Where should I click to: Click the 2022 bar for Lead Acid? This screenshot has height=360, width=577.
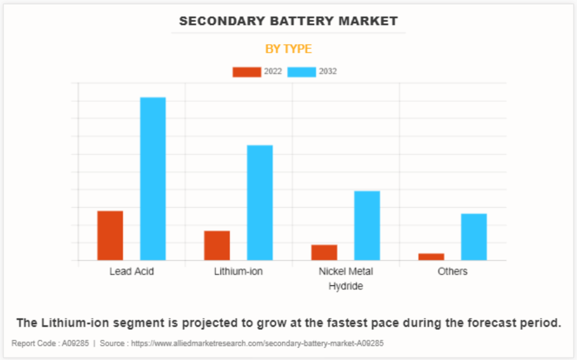110,235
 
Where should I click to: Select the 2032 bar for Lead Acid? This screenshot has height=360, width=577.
153,179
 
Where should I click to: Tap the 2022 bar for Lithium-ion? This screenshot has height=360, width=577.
217,245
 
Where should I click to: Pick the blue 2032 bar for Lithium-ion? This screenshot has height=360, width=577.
260,202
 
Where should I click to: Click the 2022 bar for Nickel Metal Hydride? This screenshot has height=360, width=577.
324,252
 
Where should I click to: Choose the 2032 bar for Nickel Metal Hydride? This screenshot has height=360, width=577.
367,226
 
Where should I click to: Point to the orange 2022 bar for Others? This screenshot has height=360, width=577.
431,257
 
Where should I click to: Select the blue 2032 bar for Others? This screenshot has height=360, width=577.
474,237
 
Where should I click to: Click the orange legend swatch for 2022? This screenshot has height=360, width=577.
246,72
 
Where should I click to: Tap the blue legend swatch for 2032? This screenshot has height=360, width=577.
302,72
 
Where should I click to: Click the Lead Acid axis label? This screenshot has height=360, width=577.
132,271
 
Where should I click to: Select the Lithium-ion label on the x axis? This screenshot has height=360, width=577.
238,271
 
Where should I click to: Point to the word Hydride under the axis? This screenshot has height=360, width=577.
346,286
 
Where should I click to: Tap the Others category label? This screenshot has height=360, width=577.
452,271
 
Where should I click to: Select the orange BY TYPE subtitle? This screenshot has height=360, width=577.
288,49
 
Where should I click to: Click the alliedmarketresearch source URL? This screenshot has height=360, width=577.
258,343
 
